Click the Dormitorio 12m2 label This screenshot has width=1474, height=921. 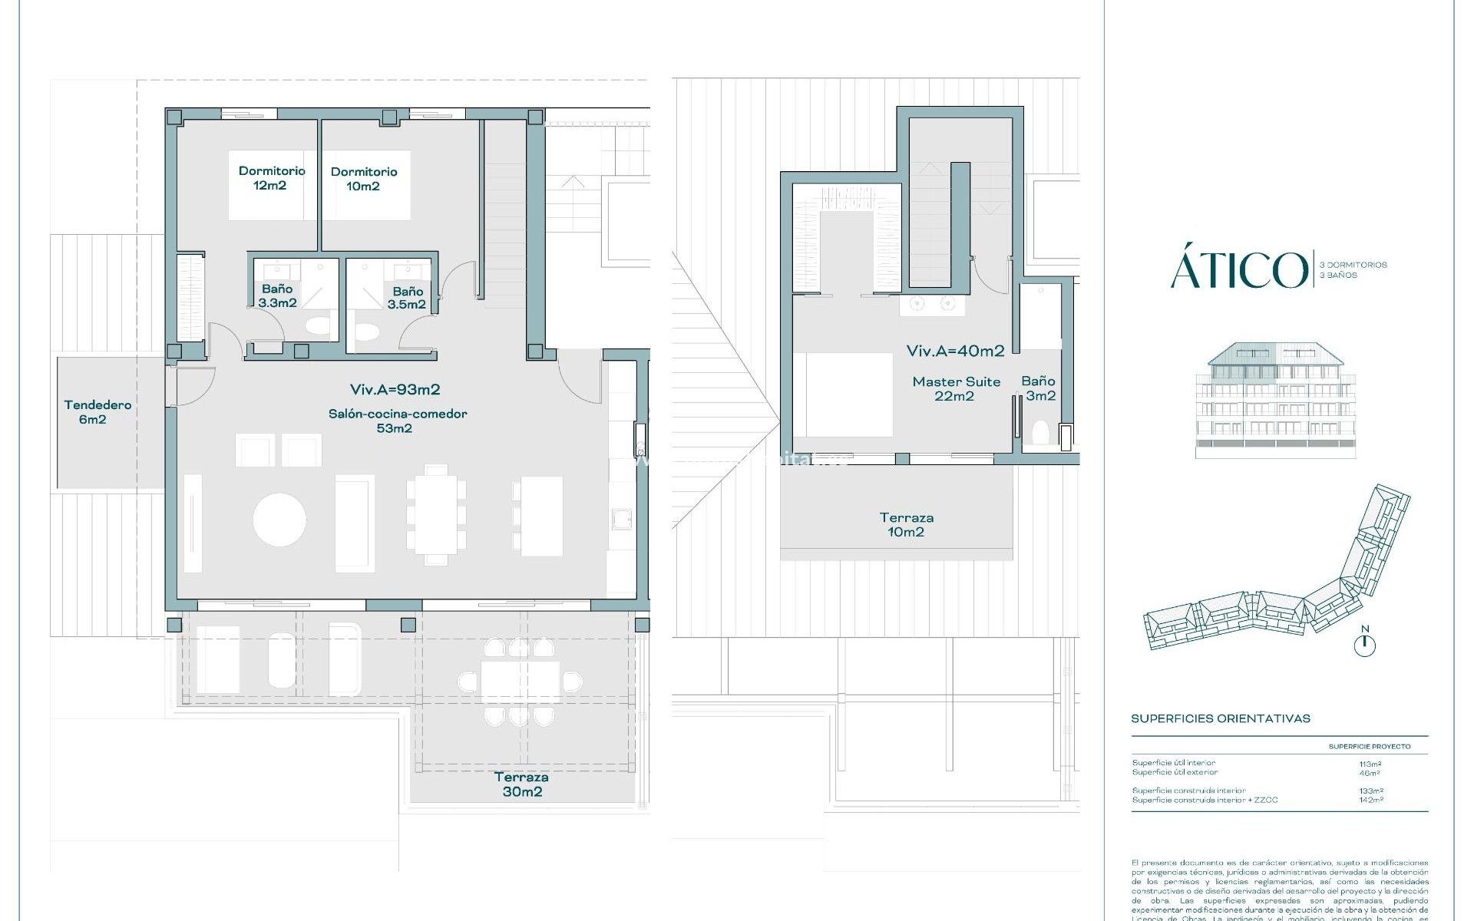[x=271, y=178]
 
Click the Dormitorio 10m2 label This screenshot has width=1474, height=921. [x=364, y=179]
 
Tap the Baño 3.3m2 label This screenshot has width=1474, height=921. [x=277, y=295]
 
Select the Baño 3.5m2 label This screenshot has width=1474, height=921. [x=407, y=298]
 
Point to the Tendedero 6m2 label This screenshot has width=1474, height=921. [x=97, y=411]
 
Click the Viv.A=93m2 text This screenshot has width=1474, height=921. [x=395, y=390]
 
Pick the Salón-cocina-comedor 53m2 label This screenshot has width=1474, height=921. [x=397, y=421]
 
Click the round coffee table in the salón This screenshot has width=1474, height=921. [x=279, y=520]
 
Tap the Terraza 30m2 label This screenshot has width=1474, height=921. [x=521, y=784]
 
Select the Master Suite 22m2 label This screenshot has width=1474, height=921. [x=956, y=388]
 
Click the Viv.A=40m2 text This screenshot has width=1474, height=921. [x=955, y=352]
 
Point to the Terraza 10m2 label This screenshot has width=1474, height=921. [x=906, y=524]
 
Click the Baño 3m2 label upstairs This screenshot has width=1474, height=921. [x=1038, y=388]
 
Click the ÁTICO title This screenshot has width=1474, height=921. [x=1238, y=270]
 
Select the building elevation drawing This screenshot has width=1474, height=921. [x=1276, y=401]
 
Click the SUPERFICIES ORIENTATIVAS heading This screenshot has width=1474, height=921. [x=1220, y=719]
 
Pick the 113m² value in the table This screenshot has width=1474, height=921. [x=1370, y=764]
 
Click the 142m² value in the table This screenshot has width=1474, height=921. [x=1370, y=800]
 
